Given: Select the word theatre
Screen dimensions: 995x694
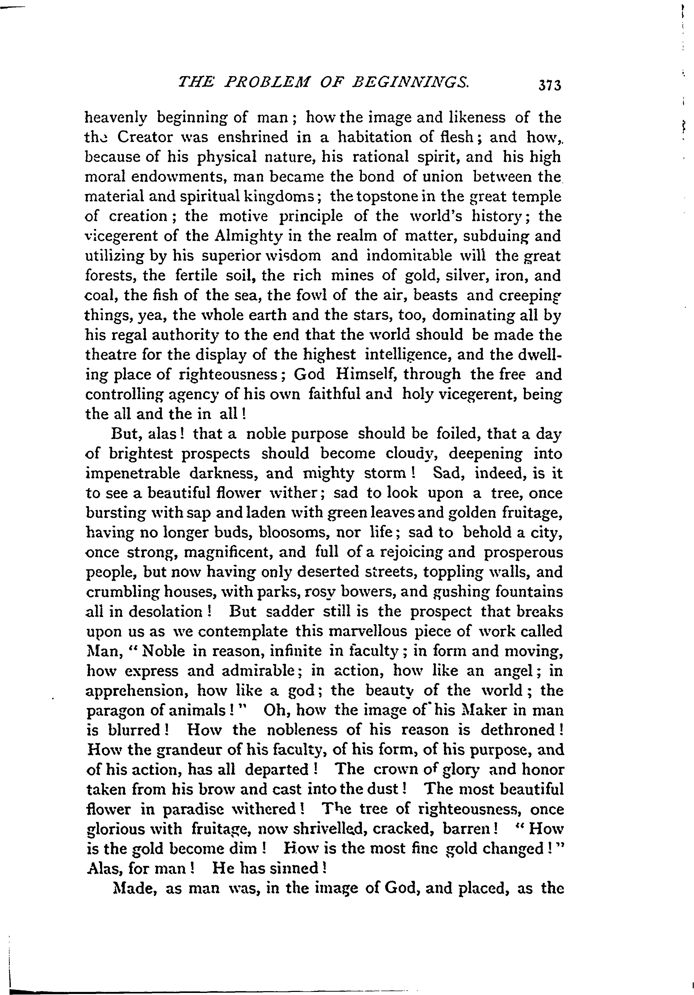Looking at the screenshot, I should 109,354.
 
